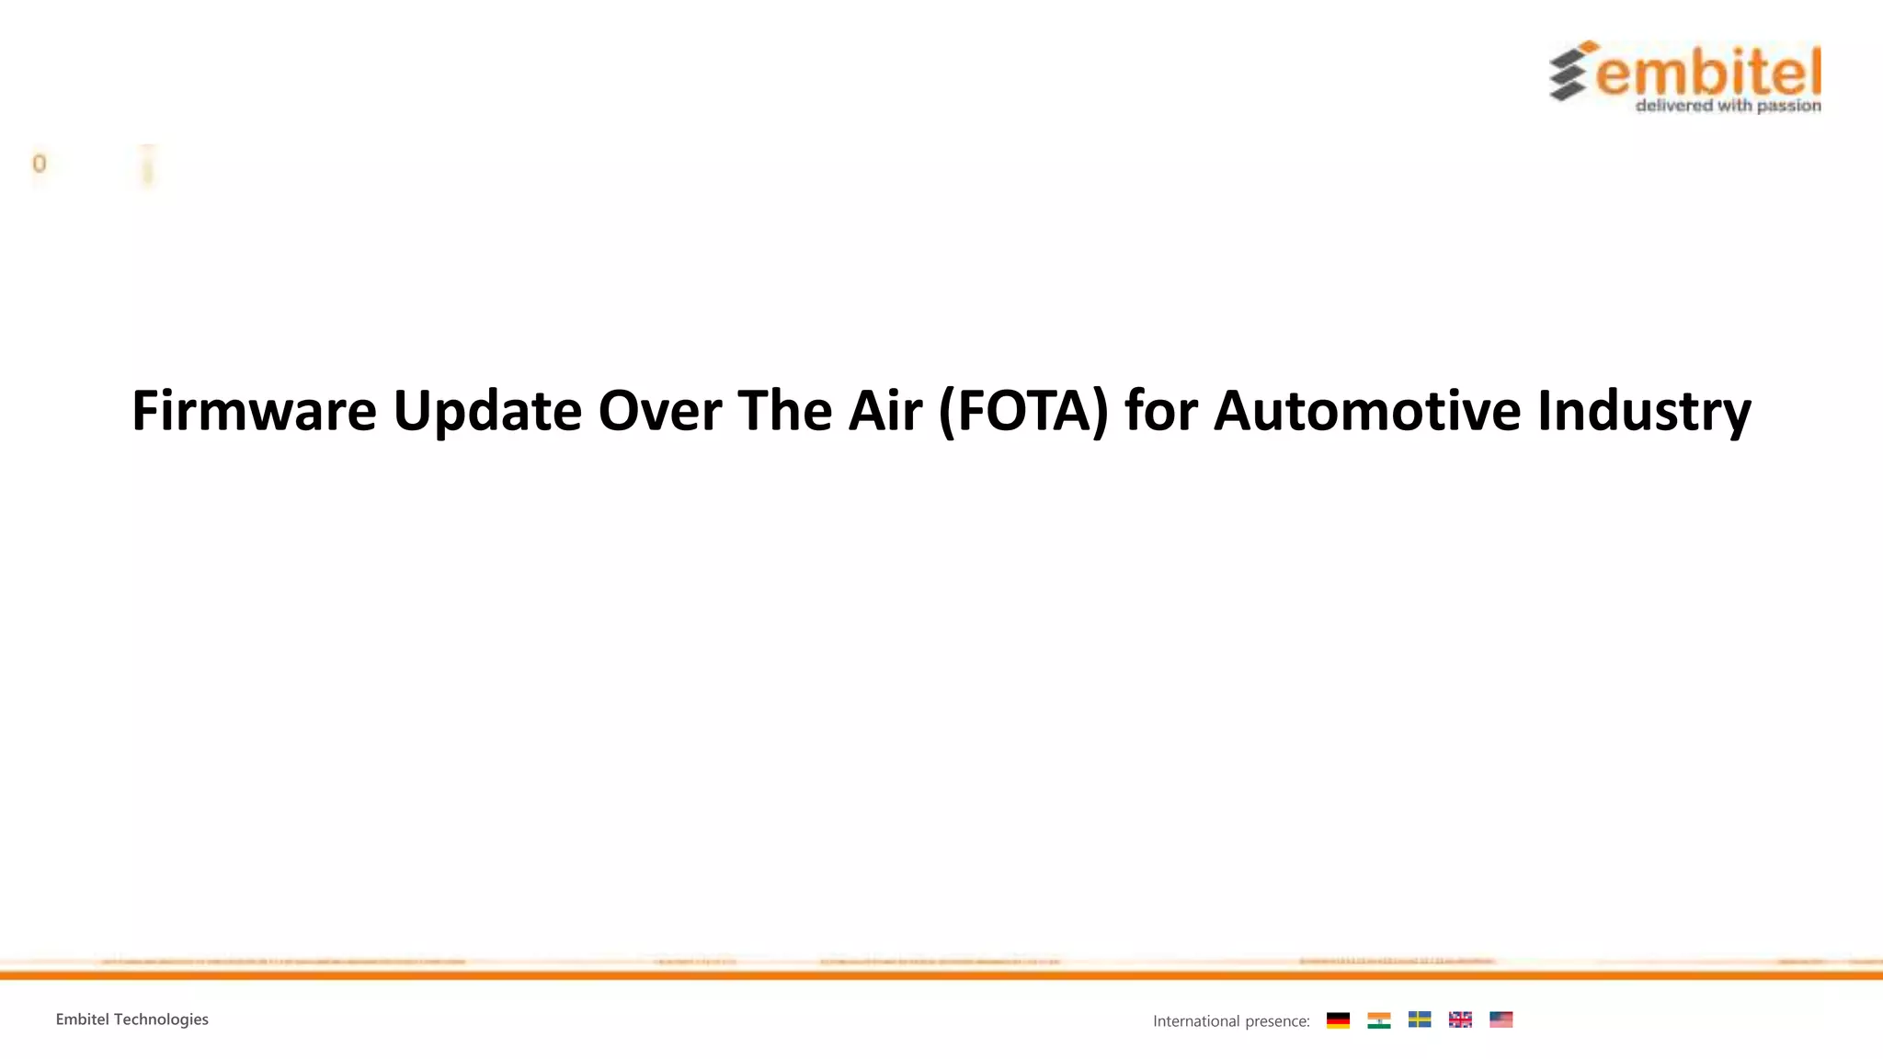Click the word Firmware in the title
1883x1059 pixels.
(254, 411)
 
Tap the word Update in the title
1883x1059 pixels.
(487, 411)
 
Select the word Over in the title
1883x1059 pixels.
(659, 411)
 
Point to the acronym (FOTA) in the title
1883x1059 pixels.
(1023, 411)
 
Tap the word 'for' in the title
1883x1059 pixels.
(1160, 411)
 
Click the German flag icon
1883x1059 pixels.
(1338, 1020)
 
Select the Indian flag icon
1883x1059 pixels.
(1378, 1020)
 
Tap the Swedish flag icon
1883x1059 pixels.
(1420, 1019)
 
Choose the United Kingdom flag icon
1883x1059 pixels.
(1460, 1019)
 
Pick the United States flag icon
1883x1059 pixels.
(1501, 1019)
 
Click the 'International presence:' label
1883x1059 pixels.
(1230, 1021)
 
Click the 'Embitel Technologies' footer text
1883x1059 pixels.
(131, 1019)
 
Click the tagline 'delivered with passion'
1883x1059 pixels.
(1728, 107)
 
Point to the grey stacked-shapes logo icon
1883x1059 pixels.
(1570, 71)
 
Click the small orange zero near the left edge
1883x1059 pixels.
(39, 164)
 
